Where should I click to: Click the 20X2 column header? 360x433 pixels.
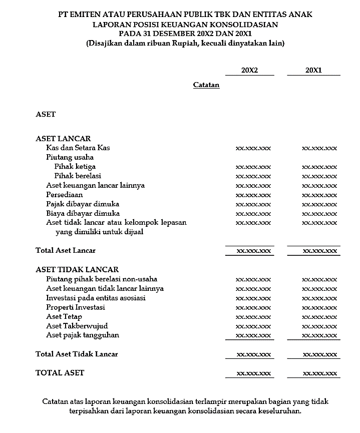tap(249, 71)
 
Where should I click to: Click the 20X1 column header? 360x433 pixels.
tap(313, 71)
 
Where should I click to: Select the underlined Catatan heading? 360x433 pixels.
tap(206, 85)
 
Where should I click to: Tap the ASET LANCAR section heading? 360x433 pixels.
tap(63, 139)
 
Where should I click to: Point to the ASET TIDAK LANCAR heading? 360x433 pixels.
tap(77, 270)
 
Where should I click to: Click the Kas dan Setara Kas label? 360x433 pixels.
tap(78, 148)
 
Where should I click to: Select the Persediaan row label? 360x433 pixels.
tap(65, 195)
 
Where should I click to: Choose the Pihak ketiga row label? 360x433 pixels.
tap(75, 166)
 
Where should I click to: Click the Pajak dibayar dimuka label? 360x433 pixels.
tap(83, 204)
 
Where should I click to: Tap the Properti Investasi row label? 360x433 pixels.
tap(76, 307)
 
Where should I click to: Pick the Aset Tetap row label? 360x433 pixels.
tap(64, 317)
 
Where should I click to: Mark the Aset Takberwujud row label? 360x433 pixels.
tap(77, 326)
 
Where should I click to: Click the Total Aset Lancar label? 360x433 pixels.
tap(66, 250)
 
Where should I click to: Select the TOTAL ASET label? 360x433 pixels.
tap(60, 373)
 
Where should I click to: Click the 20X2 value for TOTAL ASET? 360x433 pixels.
tap(253, 374)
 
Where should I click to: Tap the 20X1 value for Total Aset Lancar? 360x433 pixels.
tap(319, 251)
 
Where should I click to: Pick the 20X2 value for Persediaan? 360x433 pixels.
tap(253, 195)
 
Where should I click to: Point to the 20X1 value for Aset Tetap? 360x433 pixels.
tap(319, 317)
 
